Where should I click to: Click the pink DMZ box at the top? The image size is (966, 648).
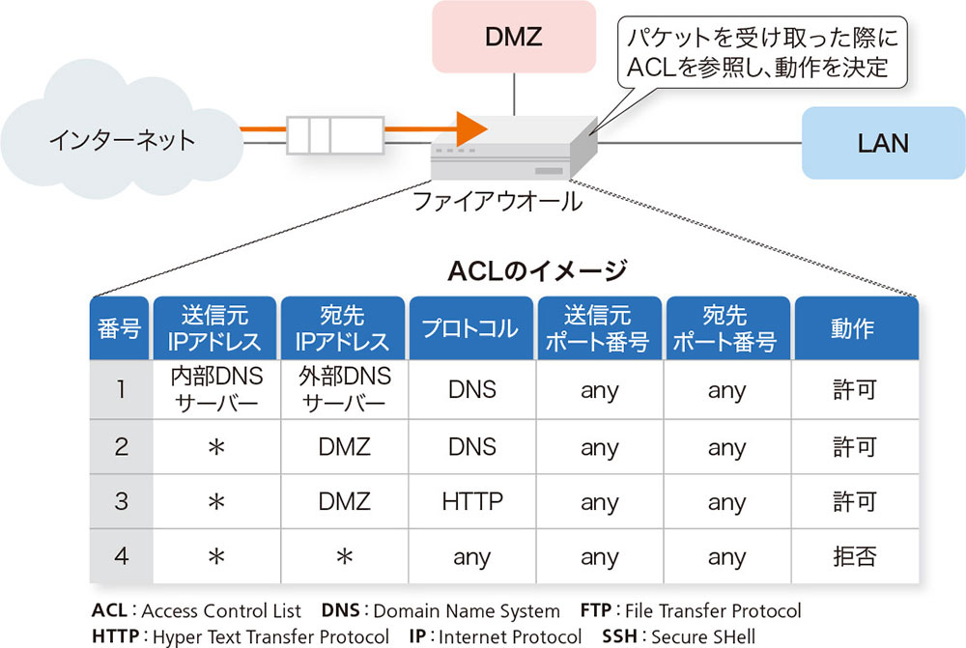(x=513, y=39)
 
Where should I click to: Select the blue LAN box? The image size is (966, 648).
(x=883, y=143)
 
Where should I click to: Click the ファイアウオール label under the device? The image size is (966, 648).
(x=497, y=202)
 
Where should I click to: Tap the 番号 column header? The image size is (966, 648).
(x=120, y=328)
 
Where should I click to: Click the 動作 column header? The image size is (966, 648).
(x=853, y=328)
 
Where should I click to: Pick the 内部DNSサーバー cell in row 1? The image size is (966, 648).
(x=215, y=389)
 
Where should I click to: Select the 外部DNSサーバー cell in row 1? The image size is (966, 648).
(x=344, y=389)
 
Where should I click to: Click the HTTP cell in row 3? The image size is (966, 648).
(x=471, y=502)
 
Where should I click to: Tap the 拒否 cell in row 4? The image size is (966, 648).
(x=853, y=557)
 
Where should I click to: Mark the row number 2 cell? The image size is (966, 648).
(x=121, y=446)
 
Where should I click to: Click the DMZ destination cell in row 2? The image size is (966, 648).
(x=344, y=446)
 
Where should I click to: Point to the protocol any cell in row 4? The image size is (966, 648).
(x=471, y=557)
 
